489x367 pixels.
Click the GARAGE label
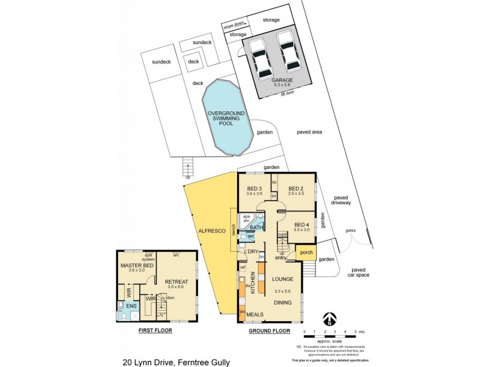point(282,80)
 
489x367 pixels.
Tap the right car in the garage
point(288,53)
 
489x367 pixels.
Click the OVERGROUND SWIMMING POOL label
point(226,119)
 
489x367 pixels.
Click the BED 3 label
point(254,188)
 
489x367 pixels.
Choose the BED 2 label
point(296,188)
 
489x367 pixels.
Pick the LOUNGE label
point(281,280)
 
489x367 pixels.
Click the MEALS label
point(255,314)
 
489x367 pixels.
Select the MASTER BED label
point(138,265)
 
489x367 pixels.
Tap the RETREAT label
point(175,282)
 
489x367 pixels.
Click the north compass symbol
point(329,319)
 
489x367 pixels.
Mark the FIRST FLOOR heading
point(155,330)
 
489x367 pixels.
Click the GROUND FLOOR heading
point(268,330)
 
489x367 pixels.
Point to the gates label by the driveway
point(350,231)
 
